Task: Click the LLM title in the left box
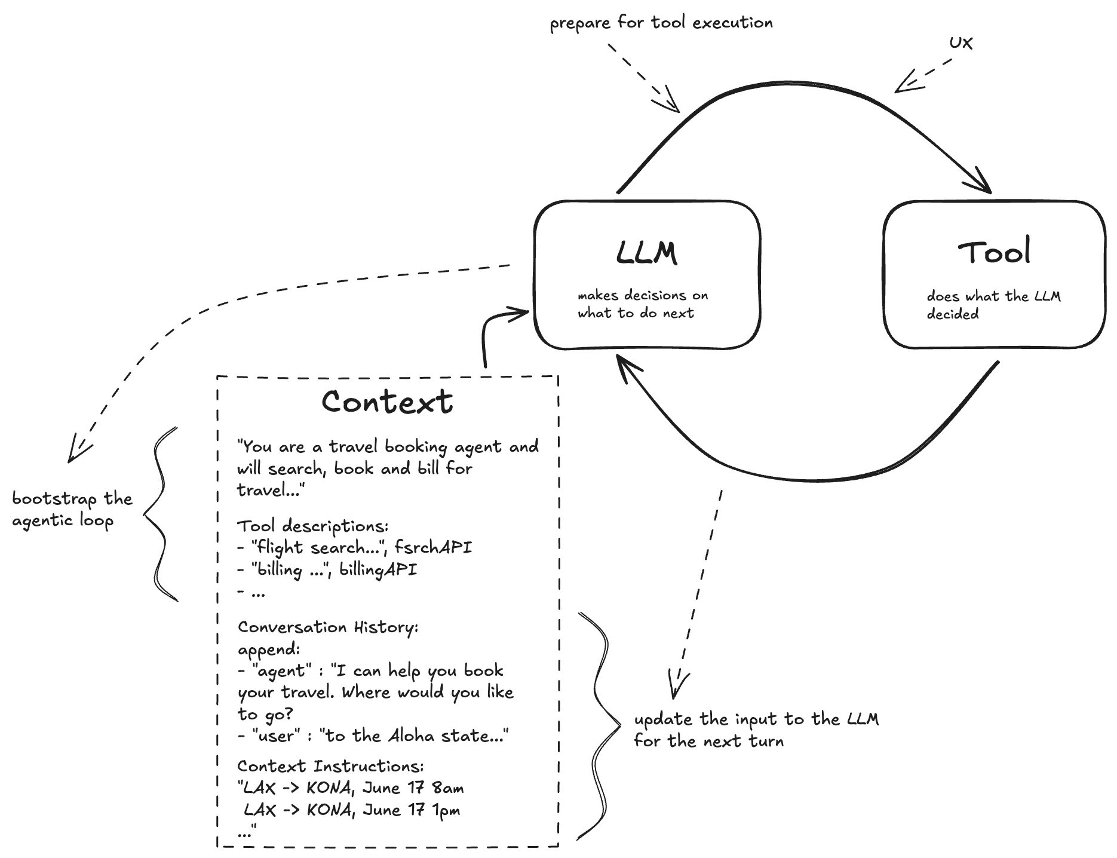coord(646,253)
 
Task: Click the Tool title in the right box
coord(995,252)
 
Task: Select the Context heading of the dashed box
coord(387,402)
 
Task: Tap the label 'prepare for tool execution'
coord(661,23)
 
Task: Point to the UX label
coord(961,43)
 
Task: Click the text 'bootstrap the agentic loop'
coord(72,510)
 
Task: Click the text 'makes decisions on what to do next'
coord(642,304)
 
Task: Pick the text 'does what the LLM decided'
coord(993,305)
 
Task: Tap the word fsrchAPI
coord(433,547)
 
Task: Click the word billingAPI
coord(378,569)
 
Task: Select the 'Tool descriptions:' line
coord(313,526)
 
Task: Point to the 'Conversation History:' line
coord(328,627)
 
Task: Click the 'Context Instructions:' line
coord(330,766)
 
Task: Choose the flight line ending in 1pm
coord(352,810)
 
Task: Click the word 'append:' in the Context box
coord(269,649)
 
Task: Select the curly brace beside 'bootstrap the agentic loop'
coord(159,514)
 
